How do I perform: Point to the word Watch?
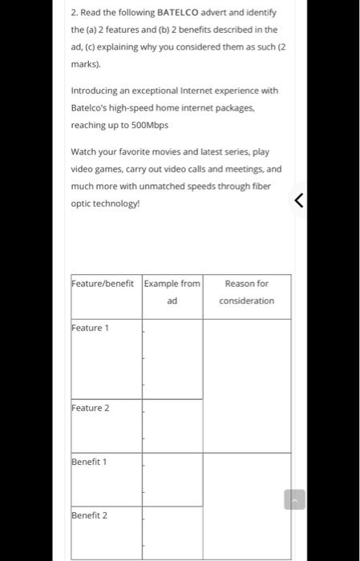[x=84, y=151]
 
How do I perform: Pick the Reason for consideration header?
[x=246, y=292]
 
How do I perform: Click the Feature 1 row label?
[x=90, y=328]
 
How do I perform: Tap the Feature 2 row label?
[x=90, y=408]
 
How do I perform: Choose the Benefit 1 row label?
[x=89, y=462]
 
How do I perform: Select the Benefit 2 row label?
[x=89, y=515]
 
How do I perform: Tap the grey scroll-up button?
[x=294, y=499]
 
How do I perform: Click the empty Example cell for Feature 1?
[x=172, y=358]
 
